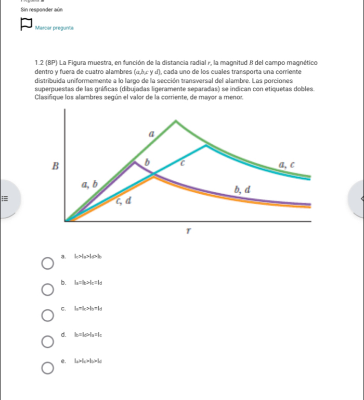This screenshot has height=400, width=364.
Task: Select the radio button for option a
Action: click(x=47, y=266)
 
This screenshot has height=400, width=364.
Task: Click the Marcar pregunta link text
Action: click(x=55, y=27)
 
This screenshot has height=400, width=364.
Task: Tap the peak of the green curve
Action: click(x=175, y=121)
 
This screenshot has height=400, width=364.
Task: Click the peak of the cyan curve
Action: click(x=206, y=146)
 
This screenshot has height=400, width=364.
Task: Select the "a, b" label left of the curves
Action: click(x=89, y=184)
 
